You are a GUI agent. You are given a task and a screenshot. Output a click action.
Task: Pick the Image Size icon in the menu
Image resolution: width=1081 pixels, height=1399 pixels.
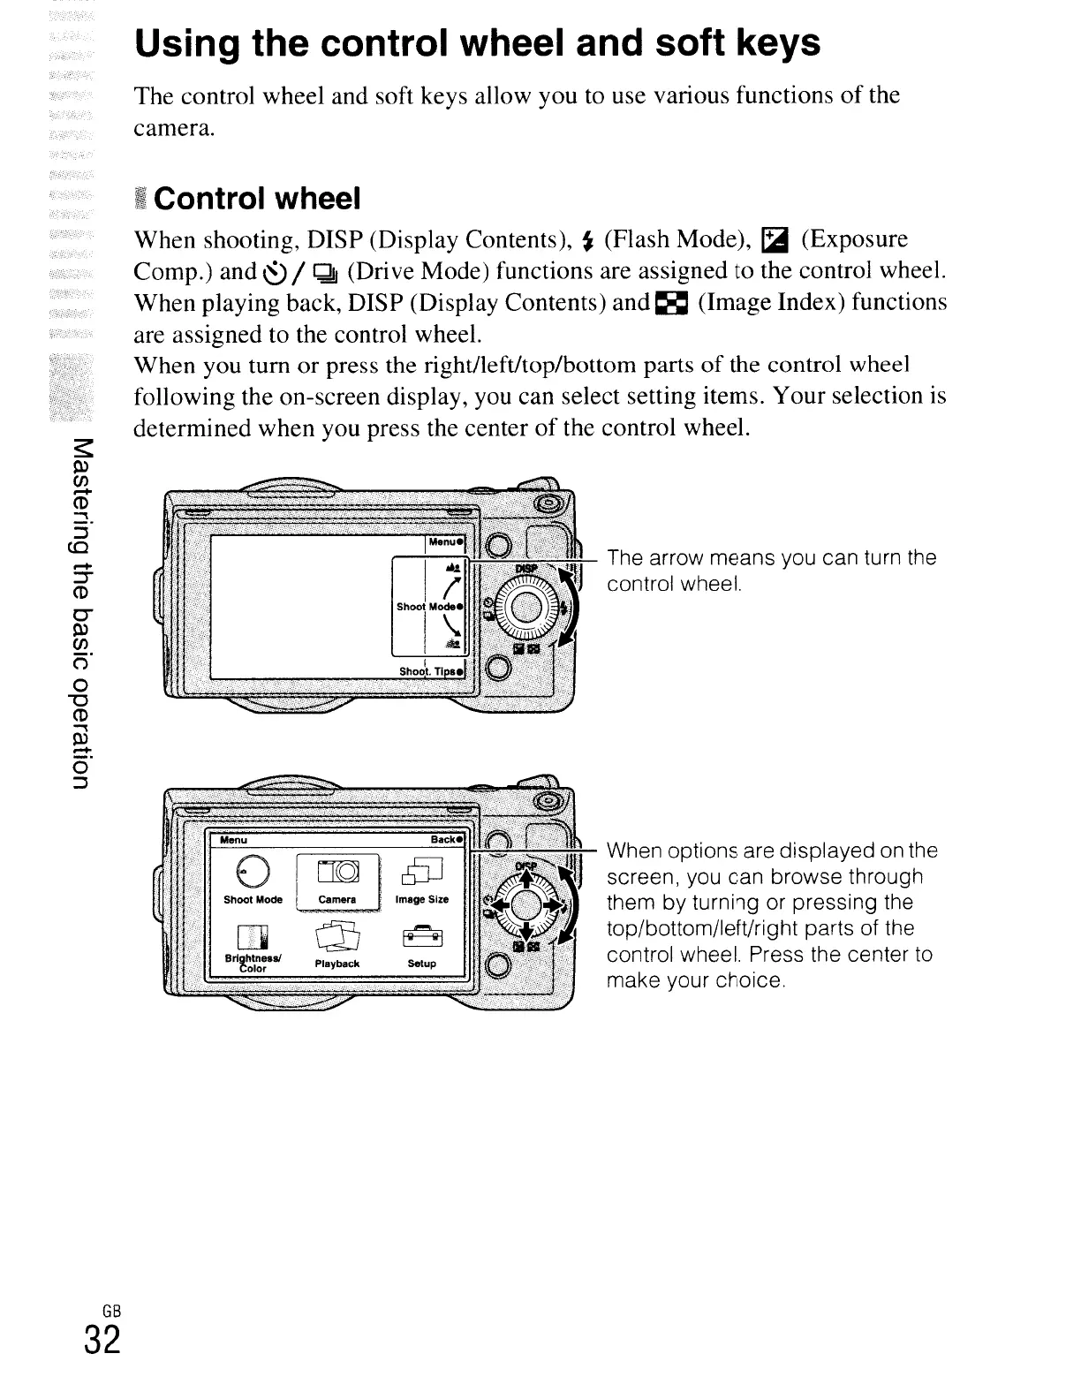pyautogui.click(x=420, y=873)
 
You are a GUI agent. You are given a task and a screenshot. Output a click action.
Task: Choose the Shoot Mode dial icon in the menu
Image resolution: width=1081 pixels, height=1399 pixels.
pyautogui.click(x=253, y=873)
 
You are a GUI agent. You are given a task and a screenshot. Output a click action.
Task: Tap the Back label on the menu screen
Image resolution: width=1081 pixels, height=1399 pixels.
pyautogui.click(x=447, y=839)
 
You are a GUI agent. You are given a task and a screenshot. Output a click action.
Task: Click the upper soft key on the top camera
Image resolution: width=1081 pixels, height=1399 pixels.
pyautogui.click(x=497, y=545)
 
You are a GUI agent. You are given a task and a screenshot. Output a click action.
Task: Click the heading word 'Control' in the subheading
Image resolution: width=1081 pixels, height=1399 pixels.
pyautogui.click(x=210, y=199)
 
